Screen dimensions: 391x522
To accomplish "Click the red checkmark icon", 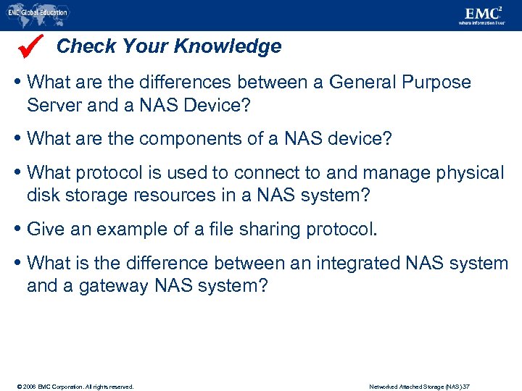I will pyautogui.click(x=32, y=45).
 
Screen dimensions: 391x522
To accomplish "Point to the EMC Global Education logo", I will pyautogui.click(x=38, y=12).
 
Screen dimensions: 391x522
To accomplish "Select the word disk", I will pyautogui.click(x=43, y=195).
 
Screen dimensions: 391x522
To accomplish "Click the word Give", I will pyautogui.click(x=46, y=230).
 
